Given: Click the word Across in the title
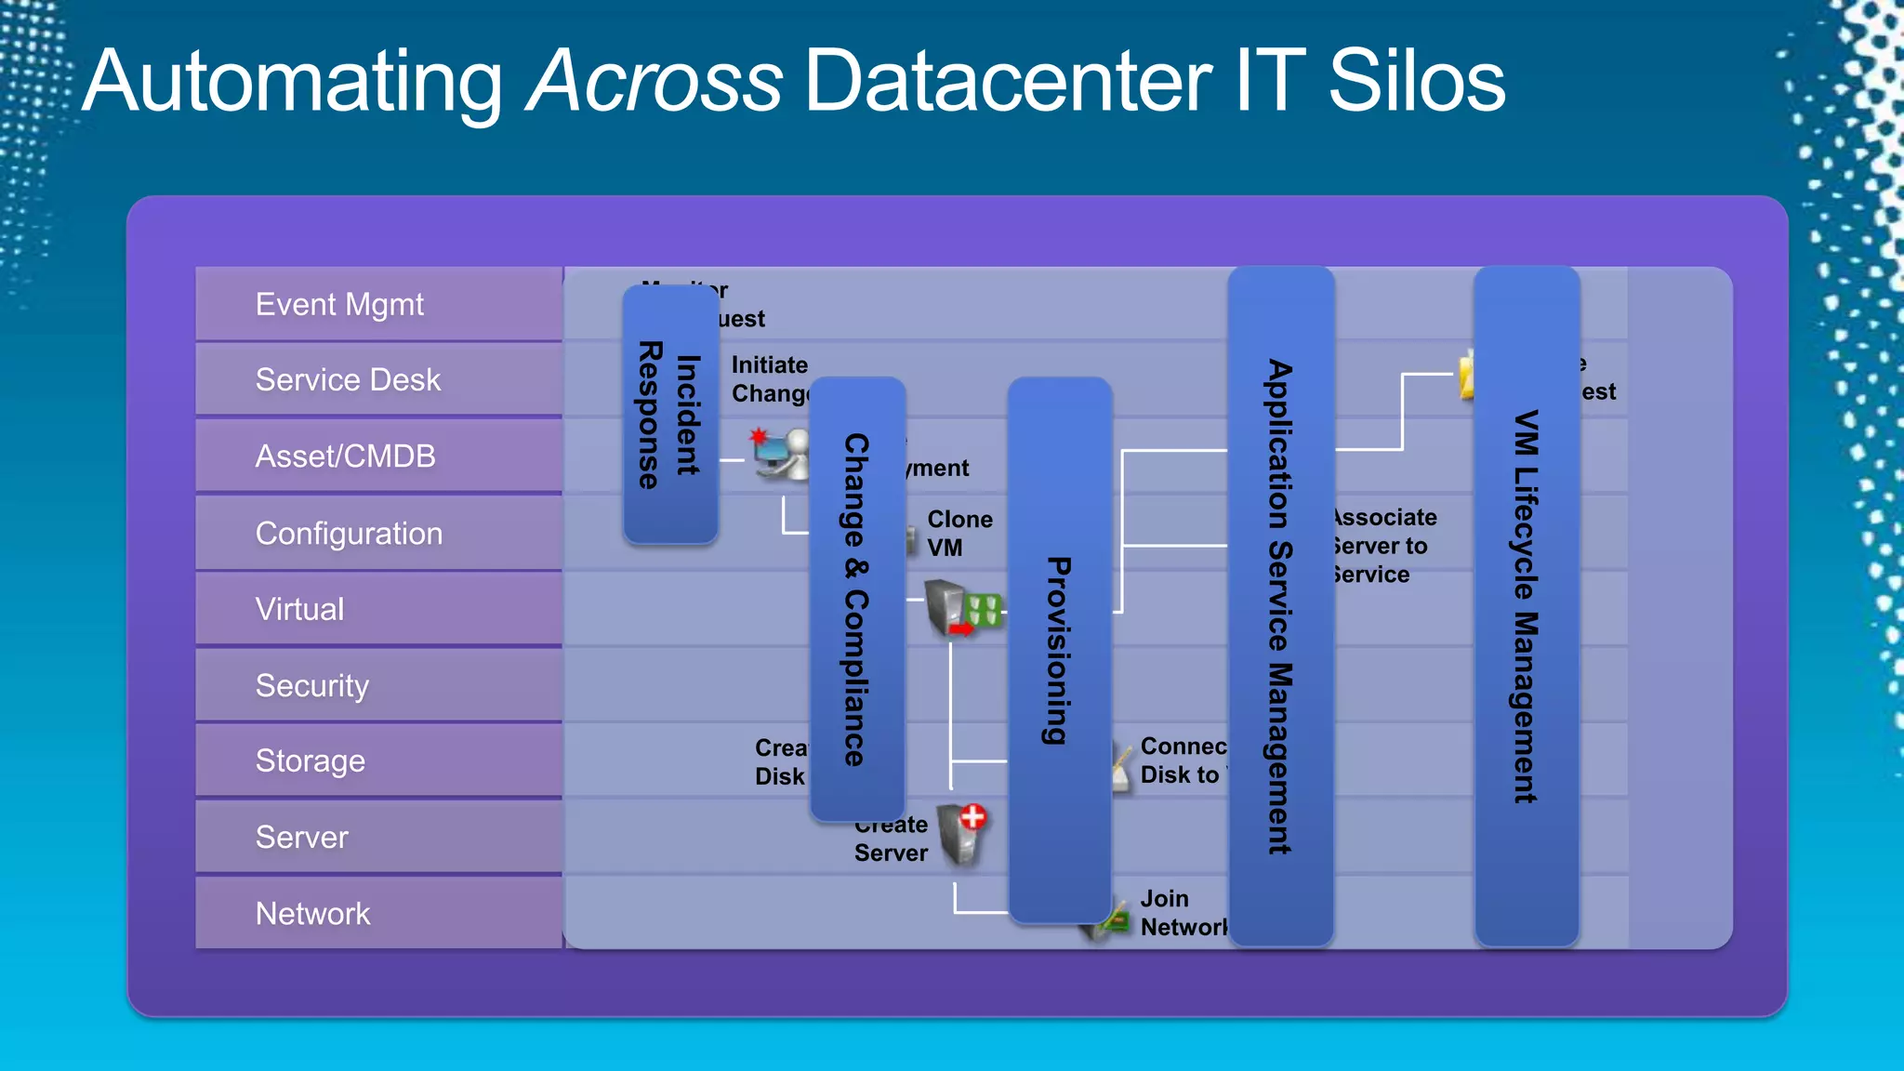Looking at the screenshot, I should pos(654,82).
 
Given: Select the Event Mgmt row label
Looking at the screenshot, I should pos(339,305).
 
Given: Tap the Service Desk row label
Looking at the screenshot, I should pos(348,380).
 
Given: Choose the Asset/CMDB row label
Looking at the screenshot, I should pos(345,456).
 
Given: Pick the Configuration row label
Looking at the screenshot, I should pos(349,534).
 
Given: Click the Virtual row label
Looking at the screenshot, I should pos(299,610).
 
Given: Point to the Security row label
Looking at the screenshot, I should pos(311,686).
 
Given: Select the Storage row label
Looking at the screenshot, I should pos(310,761).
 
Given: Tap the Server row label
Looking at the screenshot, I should pos(301,838).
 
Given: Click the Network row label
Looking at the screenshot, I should pos(312,914).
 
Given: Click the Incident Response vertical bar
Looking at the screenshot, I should pos(669,415).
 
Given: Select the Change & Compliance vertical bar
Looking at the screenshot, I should pos(857,599).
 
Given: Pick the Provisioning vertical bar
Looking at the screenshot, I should pos(1059,650).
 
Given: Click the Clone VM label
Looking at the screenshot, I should pos(959,534).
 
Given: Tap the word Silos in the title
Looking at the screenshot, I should pos(1416,82).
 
